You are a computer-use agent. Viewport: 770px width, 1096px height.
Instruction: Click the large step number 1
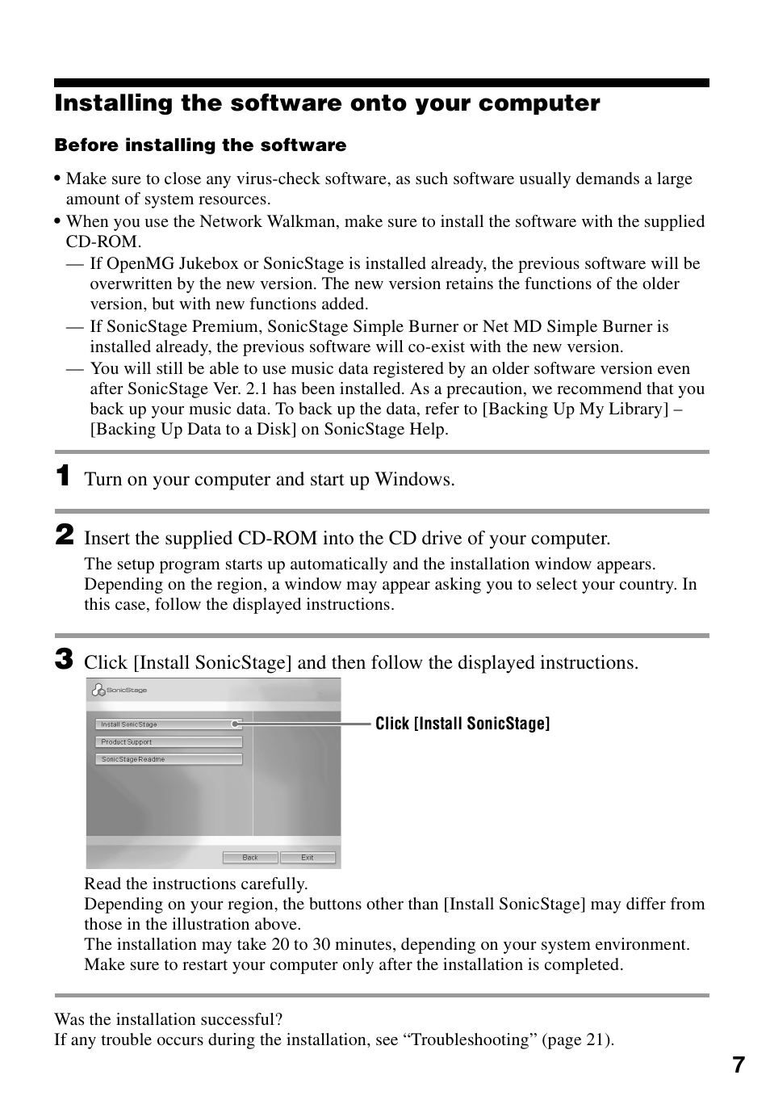click(x=63, y=476)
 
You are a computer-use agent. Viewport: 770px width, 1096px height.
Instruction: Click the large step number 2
click(x=64, y=535)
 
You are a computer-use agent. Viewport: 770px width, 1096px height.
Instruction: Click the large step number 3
click(x=64, y=659)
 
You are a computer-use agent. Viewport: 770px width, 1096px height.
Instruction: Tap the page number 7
click(x=739, y=1065)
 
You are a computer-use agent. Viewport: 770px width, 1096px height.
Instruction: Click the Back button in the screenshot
click(x=250, y=857)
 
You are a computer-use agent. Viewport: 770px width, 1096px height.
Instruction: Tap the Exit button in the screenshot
click(x=307, y=857)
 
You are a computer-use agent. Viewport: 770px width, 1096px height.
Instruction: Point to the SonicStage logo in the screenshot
click(x=119, y=690)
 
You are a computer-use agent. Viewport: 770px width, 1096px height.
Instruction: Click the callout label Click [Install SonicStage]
click(x=462, y=724)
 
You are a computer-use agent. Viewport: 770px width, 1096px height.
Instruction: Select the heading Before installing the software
click(x=200, y=145)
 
